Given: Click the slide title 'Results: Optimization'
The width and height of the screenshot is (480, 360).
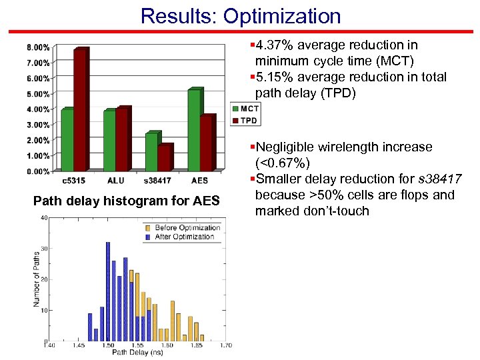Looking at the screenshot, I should (240, 15).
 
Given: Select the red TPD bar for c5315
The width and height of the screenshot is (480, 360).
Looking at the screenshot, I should (80, 111).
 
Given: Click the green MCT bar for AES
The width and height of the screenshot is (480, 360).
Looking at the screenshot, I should (194, 130).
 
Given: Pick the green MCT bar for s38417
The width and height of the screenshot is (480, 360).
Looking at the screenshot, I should (151, 152).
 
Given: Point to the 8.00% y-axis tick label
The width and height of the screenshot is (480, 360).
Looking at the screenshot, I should (37, 47).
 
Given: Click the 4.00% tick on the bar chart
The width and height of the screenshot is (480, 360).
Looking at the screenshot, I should (37, 109).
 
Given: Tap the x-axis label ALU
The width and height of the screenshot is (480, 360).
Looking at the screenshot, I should (115, 181).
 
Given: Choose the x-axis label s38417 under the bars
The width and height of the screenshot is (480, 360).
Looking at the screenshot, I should (157, 181).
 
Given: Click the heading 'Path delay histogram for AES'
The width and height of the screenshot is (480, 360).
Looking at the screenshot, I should (126, 200).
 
